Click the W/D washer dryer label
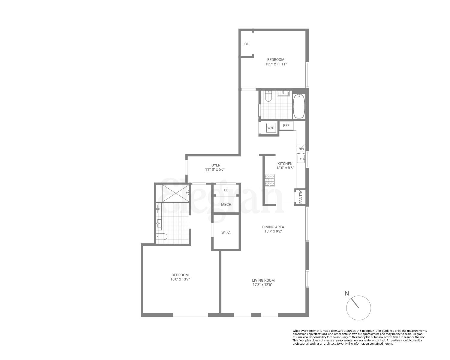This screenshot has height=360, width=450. (271, 128)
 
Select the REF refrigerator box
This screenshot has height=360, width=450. (286, 126)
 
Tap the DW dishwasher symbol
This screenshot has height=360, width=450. (301, 149)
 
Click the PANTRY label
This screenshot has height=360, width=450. (301, 197)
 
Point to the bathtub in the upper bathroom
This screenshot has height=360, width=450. (299, 106)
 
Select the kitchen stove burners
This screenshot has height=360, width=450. (270, 180)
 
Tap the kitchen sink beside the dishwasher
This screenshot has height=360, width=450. (301, 158)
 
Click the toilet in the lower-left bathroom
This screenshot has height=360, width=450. (162, 237)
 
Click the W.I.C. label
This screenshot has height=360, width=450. (226, 232)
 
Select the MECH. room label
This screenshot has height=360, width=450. (226, 205)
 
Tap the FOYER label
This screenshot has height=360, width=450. (215, 165)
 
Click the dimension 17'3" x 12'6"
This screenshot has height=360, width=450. (263, 285)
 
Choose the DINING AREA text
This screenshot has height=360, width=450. (273, 227)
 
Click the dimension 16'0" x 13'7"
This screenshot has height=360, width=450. (180, 279)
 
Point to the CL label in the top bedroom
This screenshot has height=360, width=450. (246, 44)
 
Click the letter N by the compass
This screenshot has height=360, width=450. (347, 293)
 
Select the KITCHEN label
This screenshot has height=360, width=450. (285, 164)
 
